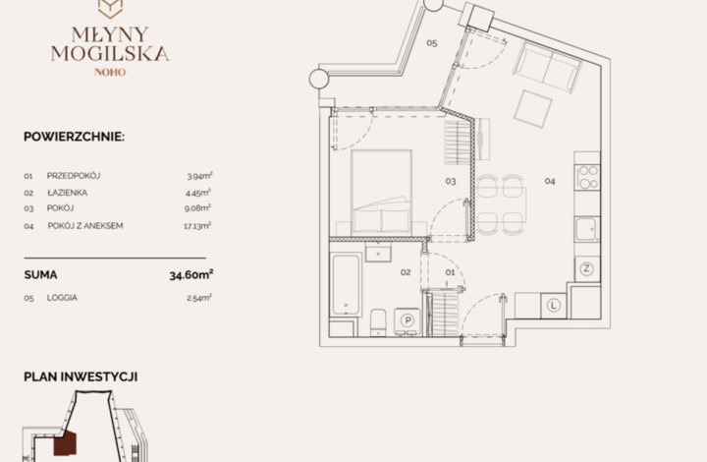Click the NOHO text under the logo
[110, 72]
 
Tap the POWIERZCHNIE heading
[74, 137]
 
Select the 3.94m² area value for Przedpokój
[199, 176]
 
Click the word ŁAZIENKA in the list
[67, 193]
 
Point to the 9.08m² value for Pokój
[197, 208]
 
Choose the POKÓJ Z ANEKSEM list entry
[85, 225]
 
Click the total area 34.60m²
[191, 275]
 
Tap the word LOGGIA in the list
[62, 298]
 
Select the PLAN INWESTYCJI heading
[81, 376]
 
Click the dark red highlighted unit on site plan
[66, 443]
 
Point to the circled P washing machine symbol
[408, 320]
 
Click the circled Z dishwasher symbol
[586, 269]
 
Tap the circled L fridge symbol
[553, 306]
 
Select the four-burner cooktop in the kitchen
[587, 177]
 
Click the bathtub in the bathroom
[346, 285]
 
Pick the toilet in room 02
[378, 322]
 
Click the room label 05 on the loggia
[432, 43]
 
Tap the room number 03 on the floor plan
[451, 182]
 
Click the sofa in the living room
[547, 67]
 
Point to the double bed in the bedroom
[381, 192]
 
